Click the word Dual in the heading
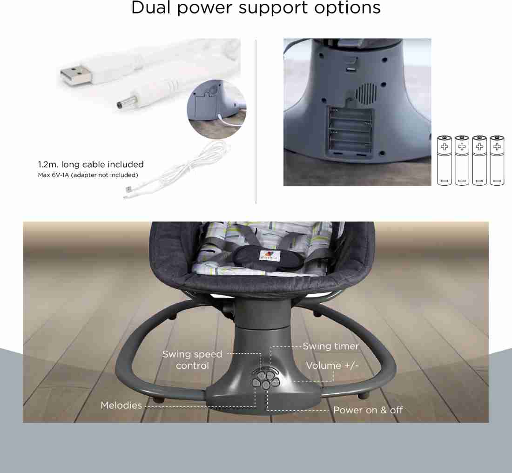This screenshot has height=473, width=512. tap(151, 7)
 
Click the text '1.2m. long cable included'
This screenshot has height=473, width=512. tap(91, 164)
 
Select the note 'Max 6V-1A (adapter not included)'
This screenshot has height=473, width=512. tap(88, 175)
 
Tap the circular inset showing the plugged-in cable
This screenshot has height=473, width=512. tap(216, 109)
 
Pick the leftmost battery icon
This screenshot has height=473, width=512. tap(444, 161)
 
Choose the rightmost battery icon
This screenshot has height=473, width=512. tap(497, 161)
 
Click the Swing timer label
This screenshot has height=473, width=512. tap(331, 346)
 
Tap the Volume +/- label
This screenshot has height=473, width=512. tap(332, 365)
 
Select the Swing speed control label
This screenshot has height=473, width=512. tap(192, 360)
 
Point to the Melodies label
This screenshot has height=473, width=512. tap(121, 405)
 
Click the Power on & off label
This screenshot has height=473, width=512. tap(368, 410)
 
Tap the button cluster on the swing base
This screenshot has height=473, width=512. tap(266, 378)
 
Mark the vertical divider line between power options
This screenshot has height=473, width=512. tap(256, 122)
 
